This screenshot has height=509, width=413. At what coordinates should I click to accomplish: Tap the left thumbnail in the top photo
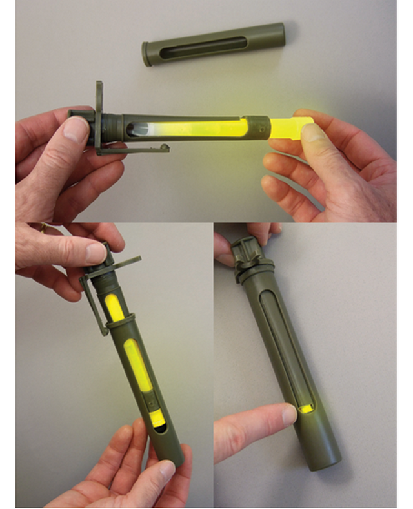pos(76,129)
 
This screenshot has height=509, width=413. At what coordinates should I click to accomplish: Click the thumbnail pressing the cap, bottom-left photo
pos(96,253)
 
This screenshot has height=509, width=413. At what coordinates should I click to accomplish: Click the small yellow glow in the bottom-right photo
pos(305,409)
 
